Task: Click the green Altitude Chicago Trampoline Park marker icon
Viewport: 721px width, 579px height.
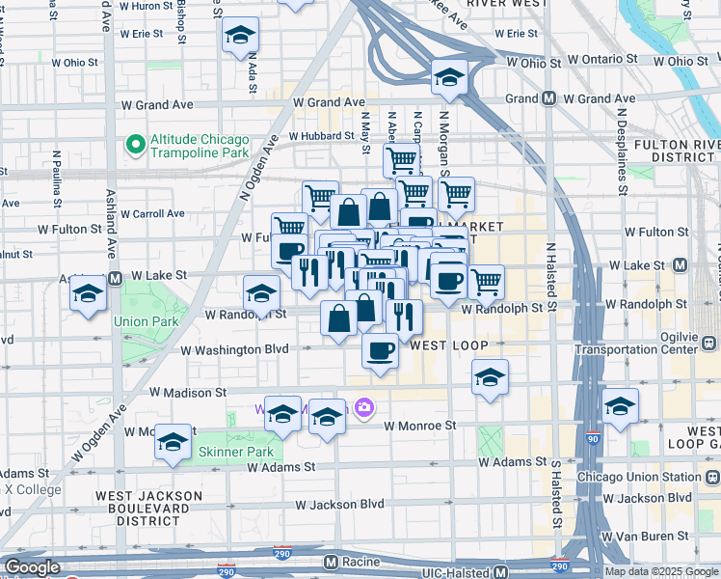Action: tap(136, 146)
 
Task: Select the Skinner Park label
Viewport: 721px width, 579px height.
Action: tap(236, 452)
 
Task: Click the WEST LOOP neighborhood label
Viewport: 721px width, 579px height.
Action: tap(444, 345)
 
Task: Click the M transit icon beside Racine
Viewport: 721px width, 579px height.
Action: tap(331, 562)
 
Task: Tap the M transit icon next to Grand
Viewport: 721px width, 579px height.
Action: tap(548, 98)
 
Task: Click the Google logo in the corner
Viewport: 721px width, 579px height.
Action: tap(32, 567)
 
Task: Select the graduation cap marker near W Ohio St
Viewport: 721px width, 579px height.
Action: tap(448, 79)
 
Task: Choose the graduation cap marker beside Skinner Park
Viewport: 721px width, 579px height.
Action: tap(174, 443)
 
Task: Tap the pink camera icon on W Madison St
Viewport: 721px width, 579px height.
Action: tap(363, 408)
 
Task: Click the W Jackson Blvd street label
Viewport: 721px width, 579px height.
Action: tap(339, 505)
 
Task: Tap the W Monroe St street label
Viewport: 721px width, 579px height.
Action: tap(419, 425)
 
